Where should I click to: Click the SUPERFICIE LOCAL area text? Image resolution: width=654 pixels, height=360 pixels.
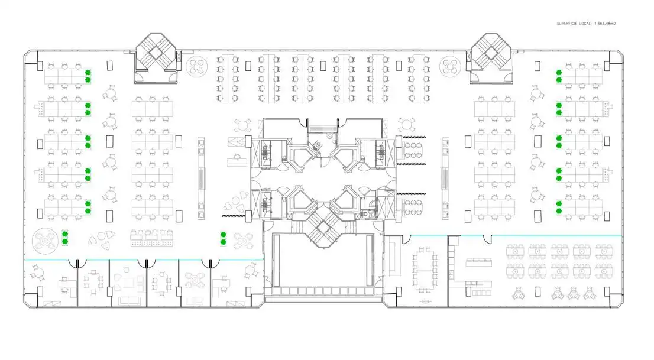pos(586,24)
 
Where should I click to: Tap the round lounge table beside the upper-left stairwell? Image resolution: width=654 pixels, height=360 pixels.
pos(197,66)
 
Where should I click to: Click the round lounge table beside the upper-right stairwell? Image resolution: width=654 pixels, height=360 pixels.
pos(450,66)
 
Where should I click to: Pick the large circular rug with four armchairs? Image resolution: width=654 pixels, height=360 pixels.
pos(45,241)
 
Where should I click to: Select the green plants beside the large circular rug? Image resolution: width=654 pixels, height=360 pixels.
pos(64,238)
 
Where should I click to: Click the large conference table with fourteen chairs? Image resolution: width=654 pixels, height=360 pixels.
pos(425,269)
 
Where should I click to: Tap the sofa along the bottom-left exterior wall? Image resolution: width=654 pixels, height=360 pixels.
pos(129,301)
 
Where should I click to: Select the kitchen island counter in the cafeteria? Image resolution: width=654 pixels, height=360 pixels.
pos(479,262)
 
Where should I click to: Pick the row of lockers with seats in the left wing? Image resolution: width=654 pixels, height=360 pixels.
pos(152,238)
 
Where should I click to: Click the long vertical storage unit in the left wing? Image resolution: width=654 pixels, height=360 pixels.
pos(202,179)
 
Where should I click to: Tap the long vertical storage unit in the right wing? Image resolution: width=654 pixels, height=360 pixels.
pos(445,179)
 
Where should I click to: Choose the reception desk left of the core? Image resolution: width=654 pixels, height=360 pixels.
pos(237,161)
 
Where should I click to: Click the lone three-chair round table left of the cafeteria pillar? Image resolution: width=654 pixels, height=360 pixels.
pos(519,294)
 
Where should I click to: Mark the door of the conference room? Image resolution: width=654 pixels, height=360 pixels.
pos(404,239)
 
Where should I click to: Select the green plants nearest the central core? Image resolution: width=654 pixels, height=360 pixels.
pos(223,238)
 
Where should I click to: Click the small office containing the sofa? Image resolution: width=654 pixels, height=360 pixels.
pos(128,283)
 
